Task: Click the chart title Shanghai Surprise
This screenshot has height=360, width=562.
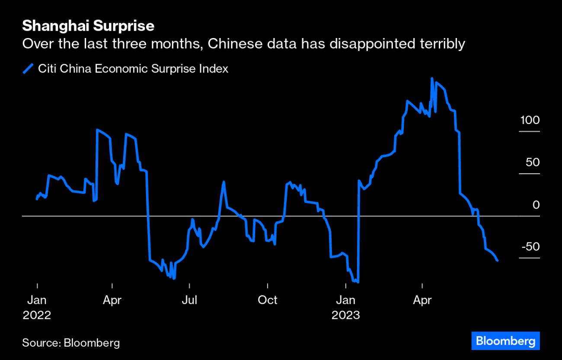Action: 88,26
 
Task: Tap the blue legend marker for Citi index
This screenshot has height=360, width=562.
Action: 28,69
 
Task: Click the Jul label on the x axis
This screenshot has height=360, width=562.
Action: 189,300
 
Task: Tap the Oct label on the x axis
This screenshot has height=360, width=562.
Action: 268,300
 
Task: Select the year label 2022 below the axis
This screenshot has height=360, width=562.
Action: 37,315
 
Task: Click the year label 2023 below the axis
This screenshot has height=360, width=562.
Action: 345,315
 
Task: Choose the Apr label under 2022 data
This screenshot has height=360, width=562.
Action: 112,300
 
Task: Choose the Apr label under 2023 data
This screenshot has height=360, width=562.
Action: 422,300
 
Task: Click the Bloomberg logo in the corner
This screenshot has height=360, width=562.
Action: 505,341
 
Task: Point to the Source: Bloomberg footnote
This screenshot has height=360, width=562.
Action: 71,343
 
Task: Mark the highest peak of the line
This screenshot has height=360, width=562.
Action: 432,79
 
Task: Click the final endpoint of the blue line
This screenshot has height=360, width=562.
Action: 498,260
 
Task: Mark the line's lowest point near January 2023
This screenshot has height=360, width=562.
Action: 358,282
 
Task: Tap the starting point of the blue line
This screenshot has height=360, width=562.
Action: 37,199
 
